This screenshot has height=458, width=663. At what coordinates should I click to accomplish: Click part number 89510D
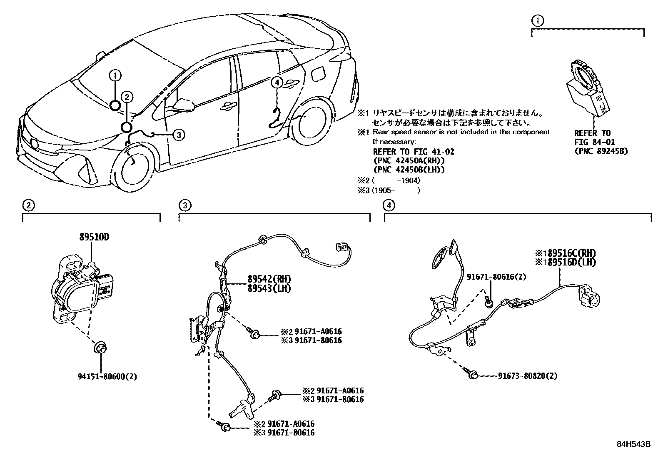(x=94, y=237)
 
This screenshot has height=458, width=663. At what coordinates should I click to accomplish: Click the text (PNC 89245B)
(x=601, y=151)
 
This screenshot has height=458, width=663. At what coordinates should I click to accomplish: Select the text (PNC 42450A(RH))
(x=409, y=161)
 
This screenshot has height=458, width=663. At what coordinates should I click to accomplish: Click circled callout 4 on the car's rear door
(x=277, y=83)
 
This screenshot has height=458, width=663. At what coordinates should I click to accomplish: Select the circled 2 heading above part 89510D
(x=28, y=205)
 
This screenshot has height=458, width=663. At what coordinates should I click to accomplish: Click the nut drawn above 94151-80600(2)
(x=100, y=347)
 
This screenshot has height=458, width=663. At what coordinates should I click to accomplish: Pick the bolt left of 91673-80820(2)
(x=470, y=373)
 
